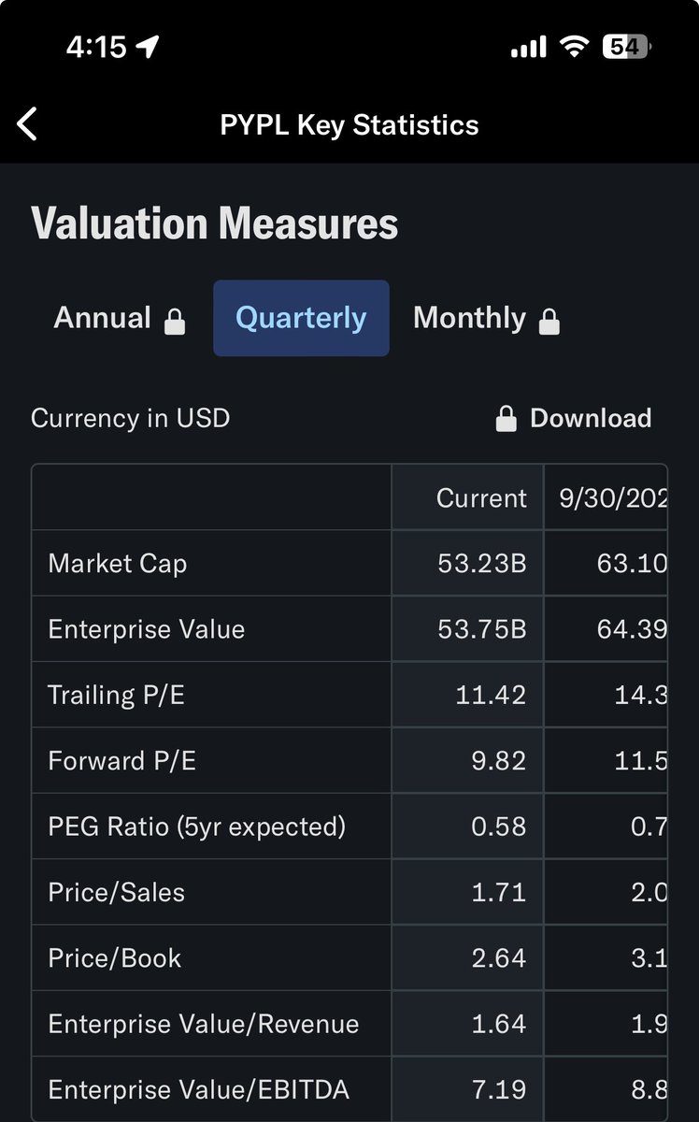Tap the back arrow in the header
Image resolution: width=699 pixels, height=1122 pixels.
click(27, 124)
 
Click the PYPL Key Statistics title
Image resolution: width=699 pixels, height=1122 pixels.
click(349, 125)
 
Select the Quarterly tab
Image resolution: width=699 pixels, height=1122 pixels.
click(301, 318)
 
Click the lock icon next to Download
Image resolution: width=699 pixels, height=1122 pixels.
click(506, 419)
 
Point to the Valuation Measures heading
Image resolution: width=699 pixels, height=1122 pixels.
click(215, 224)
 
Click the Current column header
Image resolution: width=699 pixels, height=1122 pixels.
click(480, 497)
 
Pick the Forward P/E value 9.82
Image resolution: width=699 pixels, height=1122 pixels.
click(498, 760)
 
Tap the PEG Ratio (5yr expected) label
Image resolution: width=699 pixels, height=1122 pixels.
click(196, 827)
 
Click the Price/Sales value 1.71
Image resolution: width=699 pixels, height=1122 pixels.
click(498, 892)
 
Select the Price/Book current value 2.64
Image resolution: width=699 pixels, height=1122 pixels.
click(498, 957)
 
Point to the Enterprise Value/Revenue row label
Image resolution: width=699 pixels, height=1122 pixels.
click(203, 1024)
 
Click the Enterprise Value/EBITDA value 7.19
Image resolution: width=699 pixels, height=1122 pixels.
click(498, 1089)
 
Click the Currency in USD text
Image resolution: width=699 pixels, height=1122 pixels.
click(130, 418)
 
